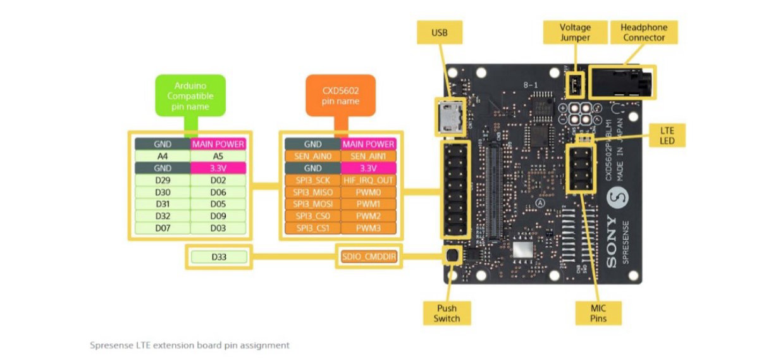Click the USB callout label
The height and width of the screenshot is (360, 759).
coord(439,32)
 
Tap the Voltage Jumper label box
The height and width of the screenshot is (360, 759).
coord(575,32)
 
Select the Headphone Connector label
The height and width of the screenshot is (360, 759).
coord(643,32)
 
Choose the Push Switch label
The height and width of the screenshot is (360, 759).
coord(447,313)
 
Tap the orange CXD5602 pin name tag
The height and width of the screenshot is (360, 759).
coord(340,96)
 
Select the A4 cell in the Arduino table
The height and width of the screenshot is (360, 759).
coord(163,156)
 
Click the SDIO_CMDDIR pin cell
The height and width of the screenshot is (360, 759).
coord(369,257)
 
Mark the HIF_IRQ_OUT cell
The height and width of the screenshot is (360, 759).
coord(368,180)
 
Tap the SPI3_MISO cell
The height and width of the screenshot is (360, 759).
coord(312,192)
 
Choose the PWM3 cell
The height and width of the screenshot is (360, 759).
coord(368,227)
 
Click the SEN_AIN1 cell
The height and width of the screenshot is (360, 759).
coord(368,156)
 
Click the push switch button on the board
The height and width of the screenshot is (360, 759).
coord(452,256)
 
